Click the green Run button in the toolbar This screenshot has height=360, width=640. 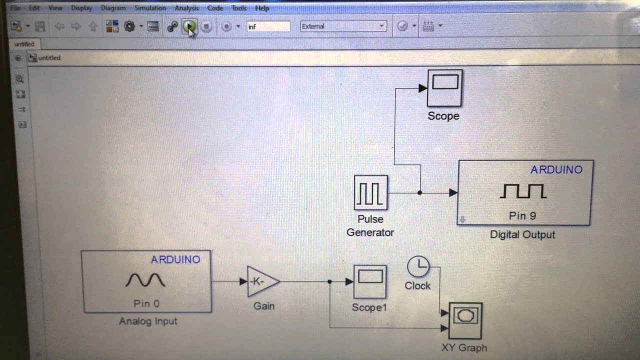(189, 26)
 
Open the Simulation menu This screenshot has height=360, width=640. (150, 8)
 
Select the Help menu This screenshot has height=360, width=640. (261, 8)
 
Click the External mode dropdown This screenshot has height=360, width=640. (343, 26)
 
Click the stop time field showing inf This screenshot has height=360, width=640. (268, 26)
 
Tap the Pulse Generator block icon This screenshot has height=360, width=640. (370, 192)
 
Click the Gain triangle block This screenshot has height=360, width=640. (262, 281)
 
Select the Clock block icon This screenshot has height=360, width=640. (418, 266)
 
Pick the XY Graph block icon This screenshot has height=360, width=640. (465, 320)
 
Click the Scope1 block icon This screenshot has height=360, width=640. (370, 281)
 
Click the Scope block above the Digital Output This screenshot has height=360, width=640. (444, 87)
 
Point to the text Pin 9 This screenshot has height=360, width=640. (522, 216)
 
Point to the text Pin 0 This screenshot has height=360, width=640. (146, 303)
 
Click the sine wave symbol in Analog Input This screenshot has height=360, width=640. (145, 280)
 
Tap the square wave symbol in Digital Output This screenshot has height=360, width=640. (523, 191)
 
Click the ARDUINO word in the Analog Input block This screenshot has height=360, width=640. (175, 259)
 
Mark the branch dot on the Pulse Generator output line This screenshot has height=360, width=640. (420, 192)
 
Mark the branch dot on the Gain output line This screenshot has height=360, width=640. (329, 281)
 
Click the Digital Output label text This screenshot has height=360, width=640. (522, 234)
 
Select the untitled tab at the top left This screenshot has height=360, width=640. (24, 44)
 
